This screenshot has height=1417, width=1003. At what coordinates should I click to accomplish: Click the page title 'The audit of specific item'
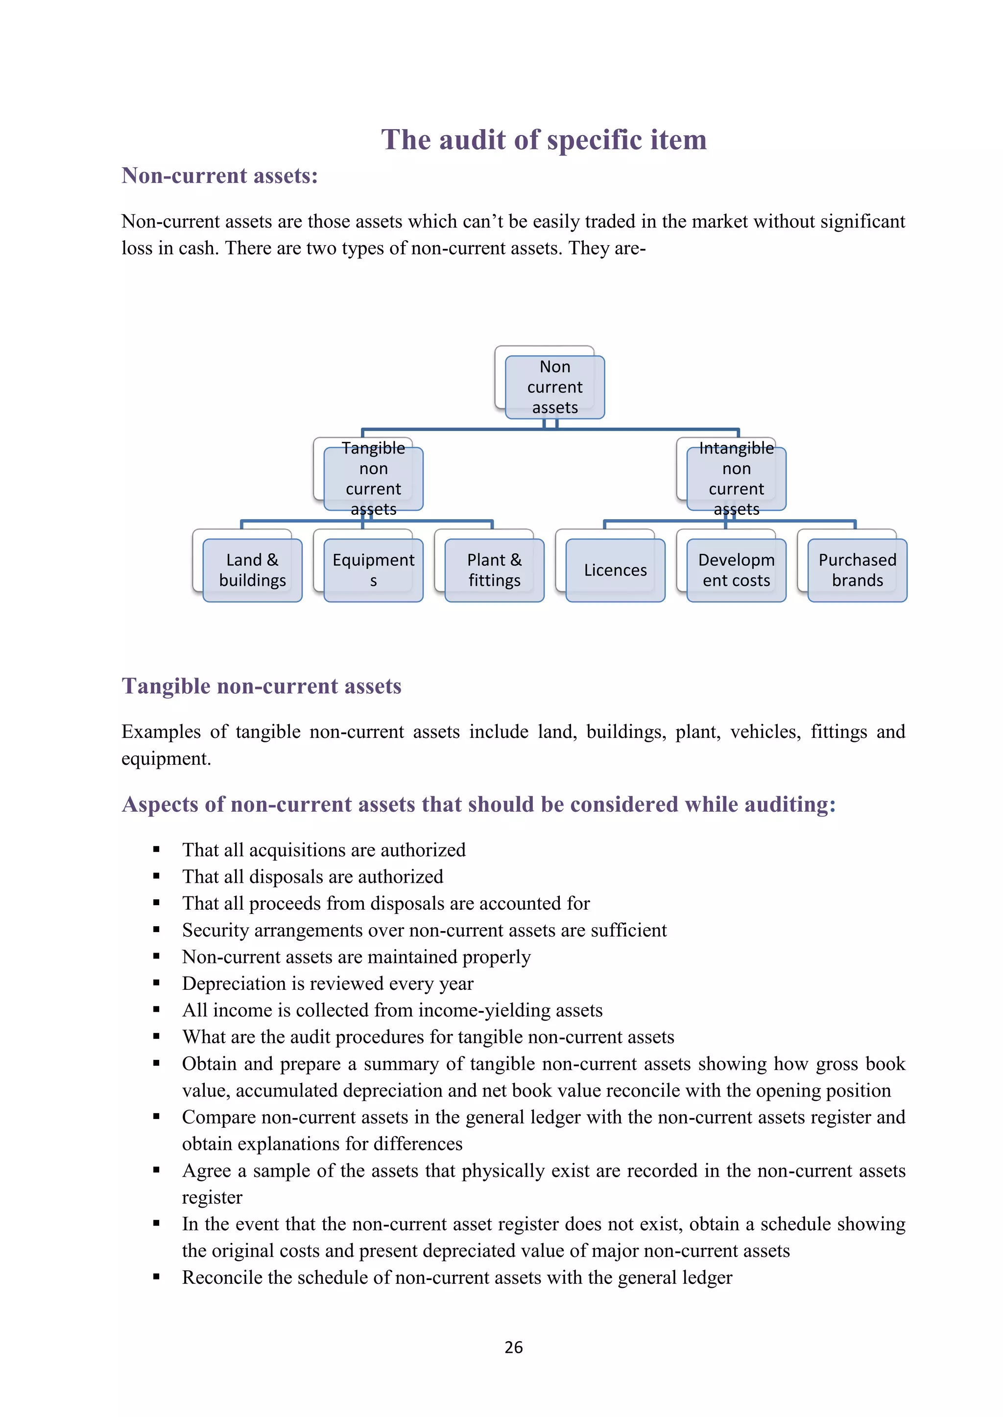pos(544,139)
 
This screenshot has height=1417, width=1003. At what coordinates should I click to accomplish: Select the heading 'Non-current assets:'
pos(220,176)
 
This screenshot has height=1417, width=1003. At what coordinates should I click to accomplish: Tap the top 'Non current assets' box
pos(554,387)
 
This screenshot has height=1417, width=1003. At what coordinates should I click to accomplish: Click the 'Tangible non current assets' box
pos(373,479)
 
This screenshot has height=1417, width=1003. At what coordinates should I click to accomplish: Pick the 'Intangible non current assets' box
pos(736,479)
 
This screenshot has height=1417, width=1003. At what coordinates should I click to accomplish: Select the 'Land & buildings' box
pos(252,570)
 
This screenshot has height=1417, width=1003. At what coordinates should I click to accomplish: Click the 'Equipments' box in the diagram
pos(373,570)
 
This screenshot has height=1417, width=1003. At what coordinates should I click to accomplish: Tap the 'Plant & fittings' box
pos(494,570)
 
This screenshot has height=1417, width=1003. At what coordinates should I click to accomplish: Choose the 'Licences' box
pos(615,570)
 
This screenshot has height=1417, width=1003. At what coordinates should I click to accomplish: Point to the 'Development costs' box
pos(736,570)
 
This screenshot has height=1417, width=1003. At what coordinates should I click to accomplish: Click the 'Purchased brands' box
pos(857,570)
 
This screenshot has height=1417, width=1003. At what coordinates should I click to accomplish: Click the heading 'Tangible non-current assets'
pos(261,686)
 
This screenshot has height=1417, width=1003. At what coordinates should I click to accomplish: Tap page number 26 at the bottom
pos(513,1347)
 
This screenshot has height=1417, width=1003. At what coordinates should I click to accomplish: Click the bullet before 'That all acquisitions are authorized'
pos(156,850)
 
